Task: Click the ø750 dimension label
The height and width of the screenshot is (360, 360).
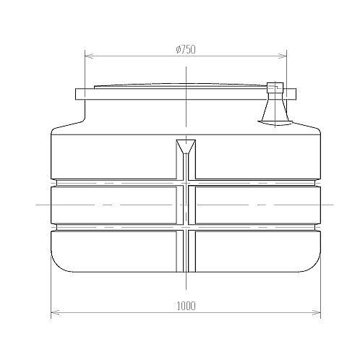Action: [x=186, y=49]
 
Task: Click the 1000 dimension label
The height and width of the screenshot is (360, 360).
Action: [x=186, y=306]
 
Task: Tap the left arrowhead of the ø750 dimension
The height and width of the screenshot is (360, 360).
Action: [x=90, y=56]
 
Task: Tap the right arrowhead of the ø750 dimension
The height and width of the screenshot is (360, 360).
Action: [x=282, y=56]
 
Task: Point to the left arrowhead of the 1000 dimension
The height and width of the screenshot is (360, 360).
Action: [x=56, y=313]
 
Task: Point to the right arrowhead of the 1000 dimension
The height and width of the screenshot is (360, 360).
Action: [x=316, y=313]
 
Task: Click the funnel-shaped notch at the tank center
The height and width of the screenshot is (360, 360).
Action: [x=186, y=146]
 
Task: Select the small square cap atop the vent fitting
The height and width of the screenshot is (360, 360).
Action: [x=275, y=87]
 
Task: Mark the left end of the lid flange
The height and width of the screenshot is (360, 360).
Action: [x=76, y=94]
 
